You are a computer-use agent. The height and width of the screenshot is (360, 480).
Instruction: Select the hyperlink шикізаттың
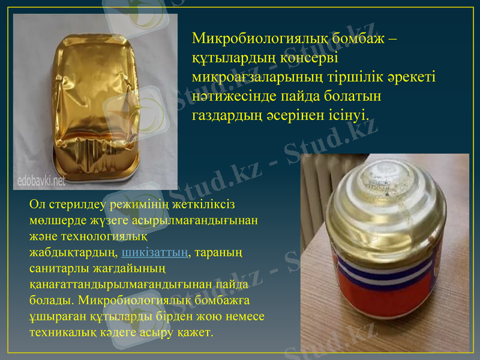pyautogui.click(x=155, y=252)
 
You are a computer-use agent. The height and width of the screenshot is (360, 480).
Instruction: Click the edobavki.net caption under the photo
pyautogui.click(x=42, y=179)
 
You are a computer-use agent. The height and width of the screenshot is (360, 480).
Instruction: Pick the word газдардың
pyautogui.click(x=227, y=114)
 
